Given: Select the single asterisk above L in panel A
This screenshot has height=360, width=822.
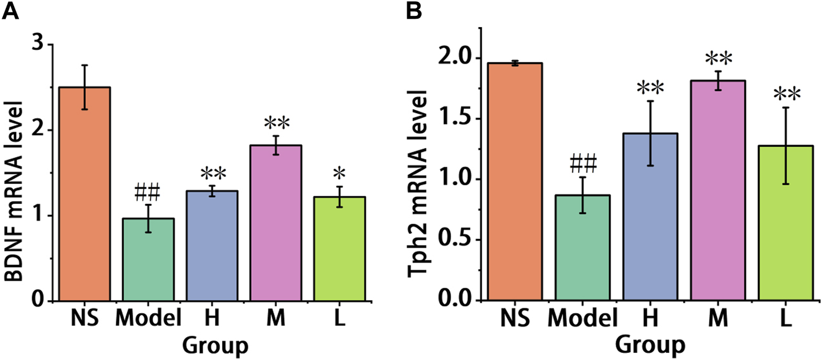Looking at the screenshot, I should point(340,174).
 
